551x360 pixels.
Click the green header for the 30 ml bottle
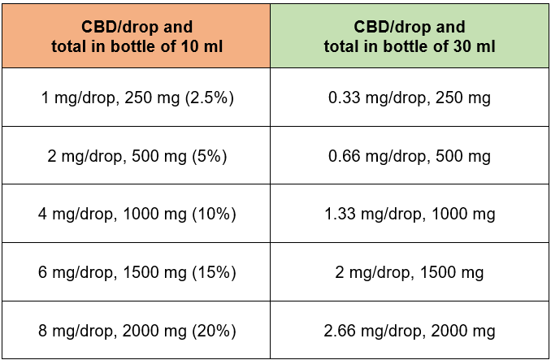coord(410,34)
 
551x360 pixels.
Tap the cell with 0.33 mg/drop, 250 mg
coord(410,98)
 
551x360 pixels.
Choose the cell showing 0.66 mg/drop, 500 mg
coord(410,156)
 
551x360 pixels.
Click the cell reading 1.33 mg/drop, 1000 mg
coord(410,215)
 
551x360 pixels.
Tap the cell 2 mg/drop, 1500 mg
coord(410,273)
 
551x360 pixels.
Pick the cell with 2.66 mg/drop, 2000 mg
coord(410,332)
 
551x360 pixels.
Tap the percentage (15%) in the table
coord(214,273)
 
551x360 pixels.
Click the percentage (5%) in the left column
coord(210,156)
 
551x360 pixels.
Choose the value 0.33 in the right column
coord(343,98)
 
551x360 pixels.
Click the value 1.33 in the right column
coord(340,215)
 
